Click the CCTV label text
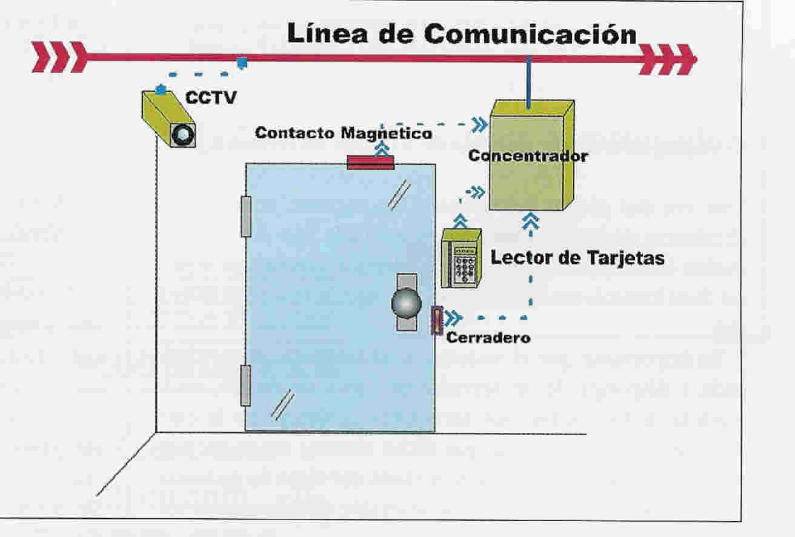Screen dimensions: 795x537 coord(211,98)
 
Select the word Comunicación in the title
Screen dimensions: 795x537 coord(530,34)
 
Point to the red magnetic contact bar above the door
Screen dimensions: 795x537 coord(370,162)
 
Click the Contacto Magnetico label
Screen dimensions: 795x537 coord(344,133)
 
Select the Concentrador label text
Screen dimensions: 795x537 coord(528,156)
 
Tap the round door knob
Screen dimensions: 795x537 coord(407,303)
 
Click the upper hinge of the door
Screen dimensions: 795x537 coord(246,216)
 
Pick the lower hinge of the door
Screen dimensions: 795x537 coord(245,385)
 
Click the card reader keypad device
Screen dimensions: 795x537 coord(461,258)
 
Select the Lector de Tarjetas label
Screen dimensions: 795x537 coord(577,258)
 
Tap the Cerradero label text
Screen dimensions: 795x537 coord(488,338)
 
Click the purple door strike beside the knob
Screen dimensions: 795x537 coord(437,321)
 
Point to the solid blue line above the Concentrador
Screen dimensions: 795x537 coord(529,82)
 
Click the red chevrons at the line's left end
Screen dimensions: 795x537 coord(59,57)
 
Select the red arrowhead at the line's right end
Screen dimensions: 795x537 coord(668,59)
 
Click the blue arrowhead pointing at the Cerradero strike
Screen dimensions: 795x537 coord(453,318)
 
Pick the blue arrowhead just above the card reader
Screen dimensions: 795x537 coord(461,221)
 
